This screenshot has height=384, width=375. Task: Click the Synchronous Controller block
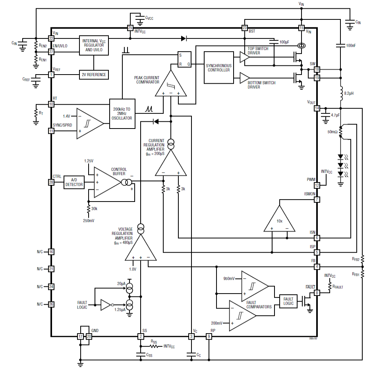pyautogui.click(x=218, y=67)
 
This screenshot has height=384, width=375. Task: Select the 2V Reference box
pyautogui.click(x=94, y=75)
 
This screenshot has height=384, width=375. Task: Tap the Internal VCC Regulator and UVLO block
pyautogui.click(x=94, y=45)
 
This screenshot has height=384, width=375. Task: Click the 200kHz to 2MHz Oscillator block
pyautogui.click(x=122, y=113)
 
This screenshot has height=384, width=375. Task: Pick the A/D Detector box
pyautogui.click(x=74, y=182)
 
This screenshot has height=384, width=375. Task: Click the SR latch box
pyautogui.click(x=184, y=60)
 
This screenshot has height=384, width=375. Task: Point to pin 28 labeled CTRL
pyautogui.click(x=51, y=182)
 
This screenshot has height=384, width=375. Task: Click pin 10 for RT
pyautogui.click(x=51, y=104)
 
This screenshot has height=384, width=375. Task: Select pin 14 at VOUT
pyautogui.click(x=317, y=108)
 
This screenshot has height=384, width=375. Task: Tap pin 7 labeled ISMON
pyautogui.click(x=317, y=200)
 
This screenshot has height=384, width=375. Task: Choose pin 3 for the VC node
pyautogui.click(x=191, y=336)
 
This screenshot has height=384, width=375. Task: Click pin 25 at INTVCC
pyautogui.click(x=130, y=28)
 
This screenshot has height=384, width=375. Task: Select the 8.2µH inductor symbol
pyautogui.click(x=341, y=93)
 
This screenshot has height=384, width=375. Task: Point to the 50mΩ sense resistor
pyautogui.click(x=341, y=131)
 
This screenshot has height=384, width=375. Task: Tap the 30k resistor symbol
pyautogui.click(x=89, y=209)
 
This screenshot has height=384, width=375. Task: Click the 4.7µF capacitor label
pyautogui.click(x=335, y=115)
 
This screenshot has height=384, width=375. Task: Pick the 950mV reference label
pyautogui.click(x=229, y=278)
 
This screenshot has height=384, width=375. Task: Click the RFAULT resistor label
pyautogui.click(x=338, y=287)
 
